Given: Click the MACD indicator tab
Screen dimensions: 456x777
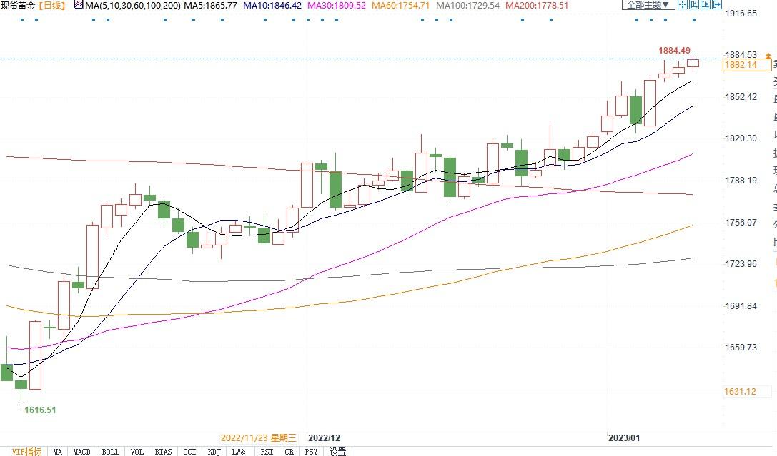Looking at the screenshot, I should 81,451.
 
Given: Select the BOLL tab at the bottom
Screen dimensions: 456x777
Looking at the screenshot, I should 110,451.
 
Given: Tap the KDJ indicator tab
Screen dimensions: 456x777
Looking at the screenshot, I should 214,451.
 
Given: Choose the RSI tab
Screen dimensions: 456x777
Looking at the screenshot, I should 267,451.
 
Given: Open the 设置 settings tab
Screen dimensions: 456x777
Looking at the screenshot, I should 338,451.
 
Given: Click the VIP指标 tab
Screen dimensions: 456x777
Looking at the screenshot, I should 27,451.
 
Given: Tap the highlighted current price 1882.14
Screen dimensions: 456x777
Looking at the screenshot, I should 741,65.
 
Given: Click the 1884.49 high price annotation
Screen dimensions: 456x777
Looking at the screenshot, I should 674,51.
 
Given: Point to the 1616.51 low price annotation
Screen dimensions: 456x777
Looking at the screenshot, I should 40,410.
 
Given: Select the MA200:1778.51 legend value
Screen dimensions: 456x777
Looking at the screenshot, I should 536,5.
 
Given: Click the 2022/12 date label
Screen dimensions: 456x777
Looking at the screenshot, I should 324,437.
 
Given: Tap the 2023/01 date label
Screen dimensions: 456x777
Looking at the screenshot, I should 625,437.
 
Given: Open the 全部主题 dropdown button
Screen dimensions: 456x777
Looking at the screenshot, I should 648,5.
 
